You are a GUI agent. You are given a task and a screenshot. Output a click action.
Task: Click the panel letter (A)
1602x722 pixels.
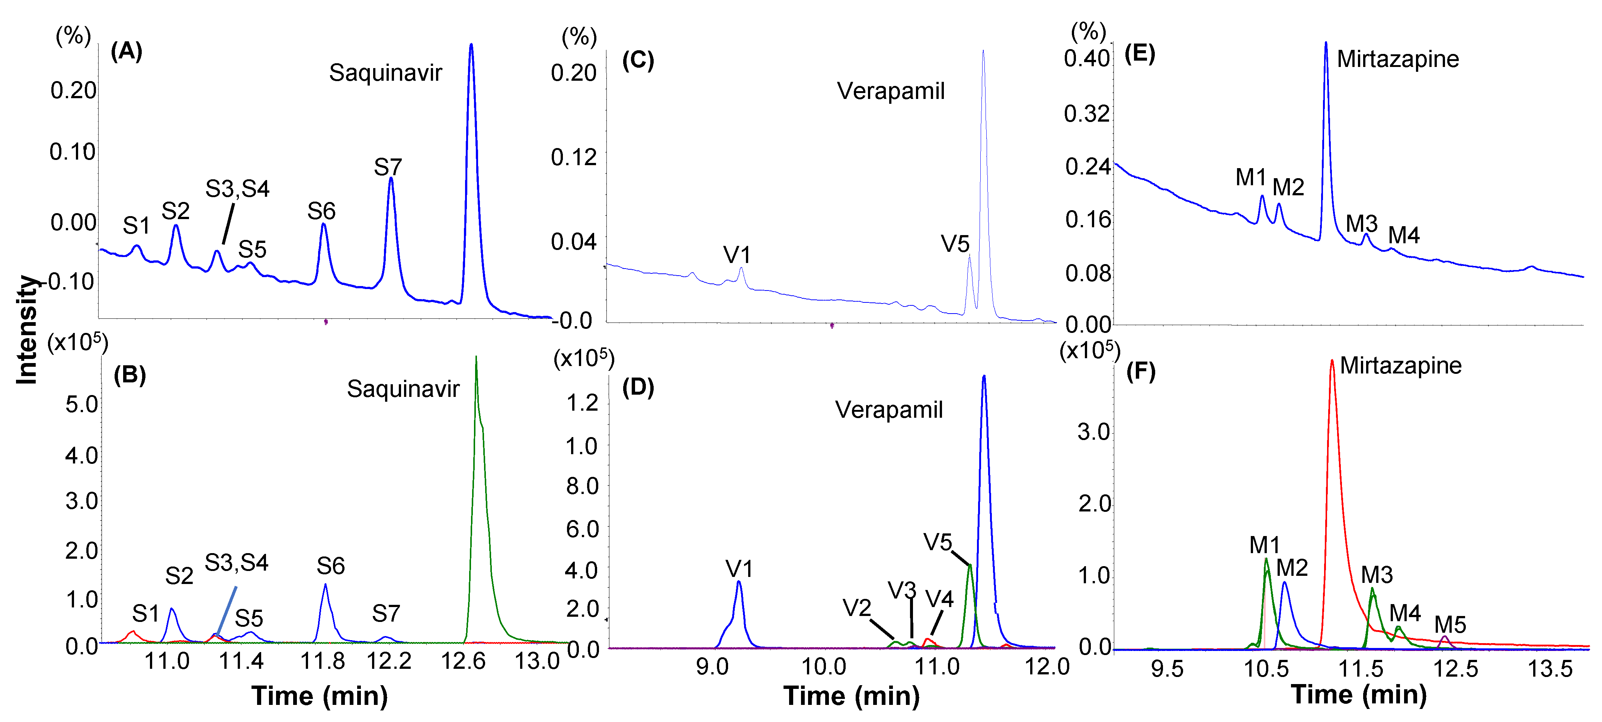coord(126,51)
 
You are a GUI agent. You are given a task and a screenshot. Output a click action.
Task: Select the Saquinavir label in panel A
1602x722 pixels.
coord(385,73)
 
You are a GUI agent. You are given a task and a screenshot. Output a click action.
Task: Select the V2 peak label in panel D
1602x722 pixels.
coord(856,607)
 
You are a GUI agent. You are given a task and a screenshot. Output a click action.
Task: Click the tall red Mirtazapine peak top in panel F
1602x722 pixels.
coord(1332,361)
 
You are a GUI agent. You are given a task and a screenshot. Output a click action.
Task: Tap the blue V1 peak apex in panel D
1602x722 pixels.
coord(738,582)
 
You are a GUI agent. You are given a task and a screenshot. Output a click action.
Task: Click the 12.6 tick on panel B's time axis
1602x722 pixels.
coord(463,661)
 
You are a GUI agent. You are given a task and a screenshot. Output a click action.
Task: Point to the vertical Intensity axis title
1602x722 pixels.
coord(26,330)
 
